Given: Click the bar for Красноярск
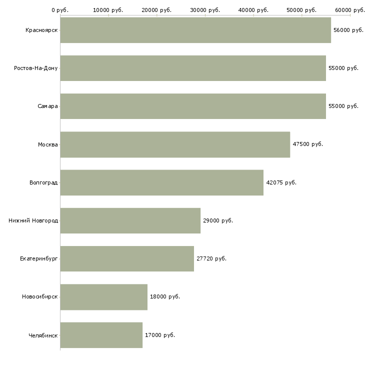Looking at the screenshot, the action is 195,30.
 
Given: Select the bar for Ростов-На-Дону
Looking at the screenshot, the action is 193,68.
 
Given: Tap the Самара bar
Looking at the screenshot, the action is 193,106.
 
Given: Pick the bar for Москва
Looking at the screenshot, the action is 175,144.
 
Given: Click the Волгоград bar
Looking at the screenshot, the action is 162,182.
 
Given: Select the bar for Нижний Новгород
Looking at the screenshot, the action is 130,220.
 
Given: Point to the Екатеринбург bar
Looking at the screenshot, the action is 127,258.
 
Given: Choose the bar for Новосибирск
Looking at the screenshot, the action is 104,297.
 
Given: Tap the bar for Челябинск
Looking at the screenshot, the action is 101,335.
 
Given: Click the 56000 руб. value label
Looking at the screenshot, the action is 348,30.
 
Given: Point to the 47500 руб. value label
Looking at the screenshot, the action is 307,144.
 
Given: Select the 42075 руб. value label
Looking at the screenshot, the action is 281,182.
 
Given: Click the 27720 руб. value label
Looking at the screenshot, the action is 211,258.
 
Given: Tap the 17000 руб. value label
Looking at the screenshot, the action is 160,335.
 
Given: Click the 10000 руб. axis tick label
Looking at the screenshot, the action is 108,10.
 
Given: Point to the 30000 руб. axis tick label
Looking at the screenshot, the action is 205,10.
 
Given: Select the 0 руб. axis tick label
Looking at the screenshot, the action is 60,10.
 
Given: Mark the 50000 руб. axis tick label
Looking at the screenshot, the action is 301,10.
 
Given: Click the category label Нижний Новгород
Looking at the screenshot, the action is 33,220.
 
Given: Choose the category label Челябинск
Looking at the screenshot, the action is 43,335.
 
